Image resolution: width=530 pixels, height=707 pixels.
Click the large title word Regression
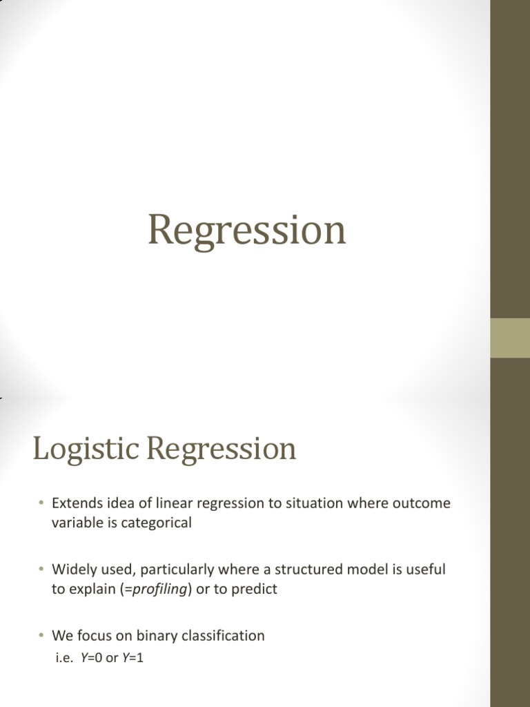[x=246, y=231]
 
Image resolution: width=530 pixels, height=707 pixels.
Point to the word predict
[x=253, y=589]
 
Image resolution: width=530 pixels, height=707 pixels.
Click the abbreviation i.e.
[x=63, y=659]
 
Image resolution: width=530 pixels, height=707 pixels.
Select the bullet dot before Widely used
[x=41, y=570]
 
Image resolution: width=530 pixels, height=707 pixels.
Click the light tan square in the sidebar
[x=510, y=338]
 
